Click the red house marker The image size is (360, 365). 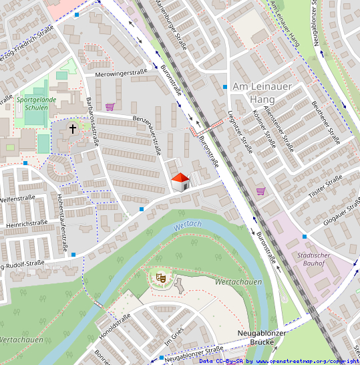click(180, 181)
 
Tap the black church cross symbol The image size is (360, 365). click(73, 128)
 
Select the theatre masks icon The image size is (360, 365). click(160, 275)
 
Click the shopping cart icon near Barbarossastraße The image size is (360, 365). click(110, 106)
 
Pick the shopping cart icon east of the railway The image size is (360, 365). click(260, 191)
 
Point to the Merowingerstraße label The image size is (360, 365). click(120, 74)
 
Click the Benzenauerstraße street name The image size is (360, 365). click(148, 133)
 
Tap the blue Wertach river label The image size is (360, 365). click(187, 227)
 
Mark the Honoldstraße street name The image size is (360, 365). click(114, 328)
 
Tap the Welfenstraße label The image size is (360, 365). click(17, 199)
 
